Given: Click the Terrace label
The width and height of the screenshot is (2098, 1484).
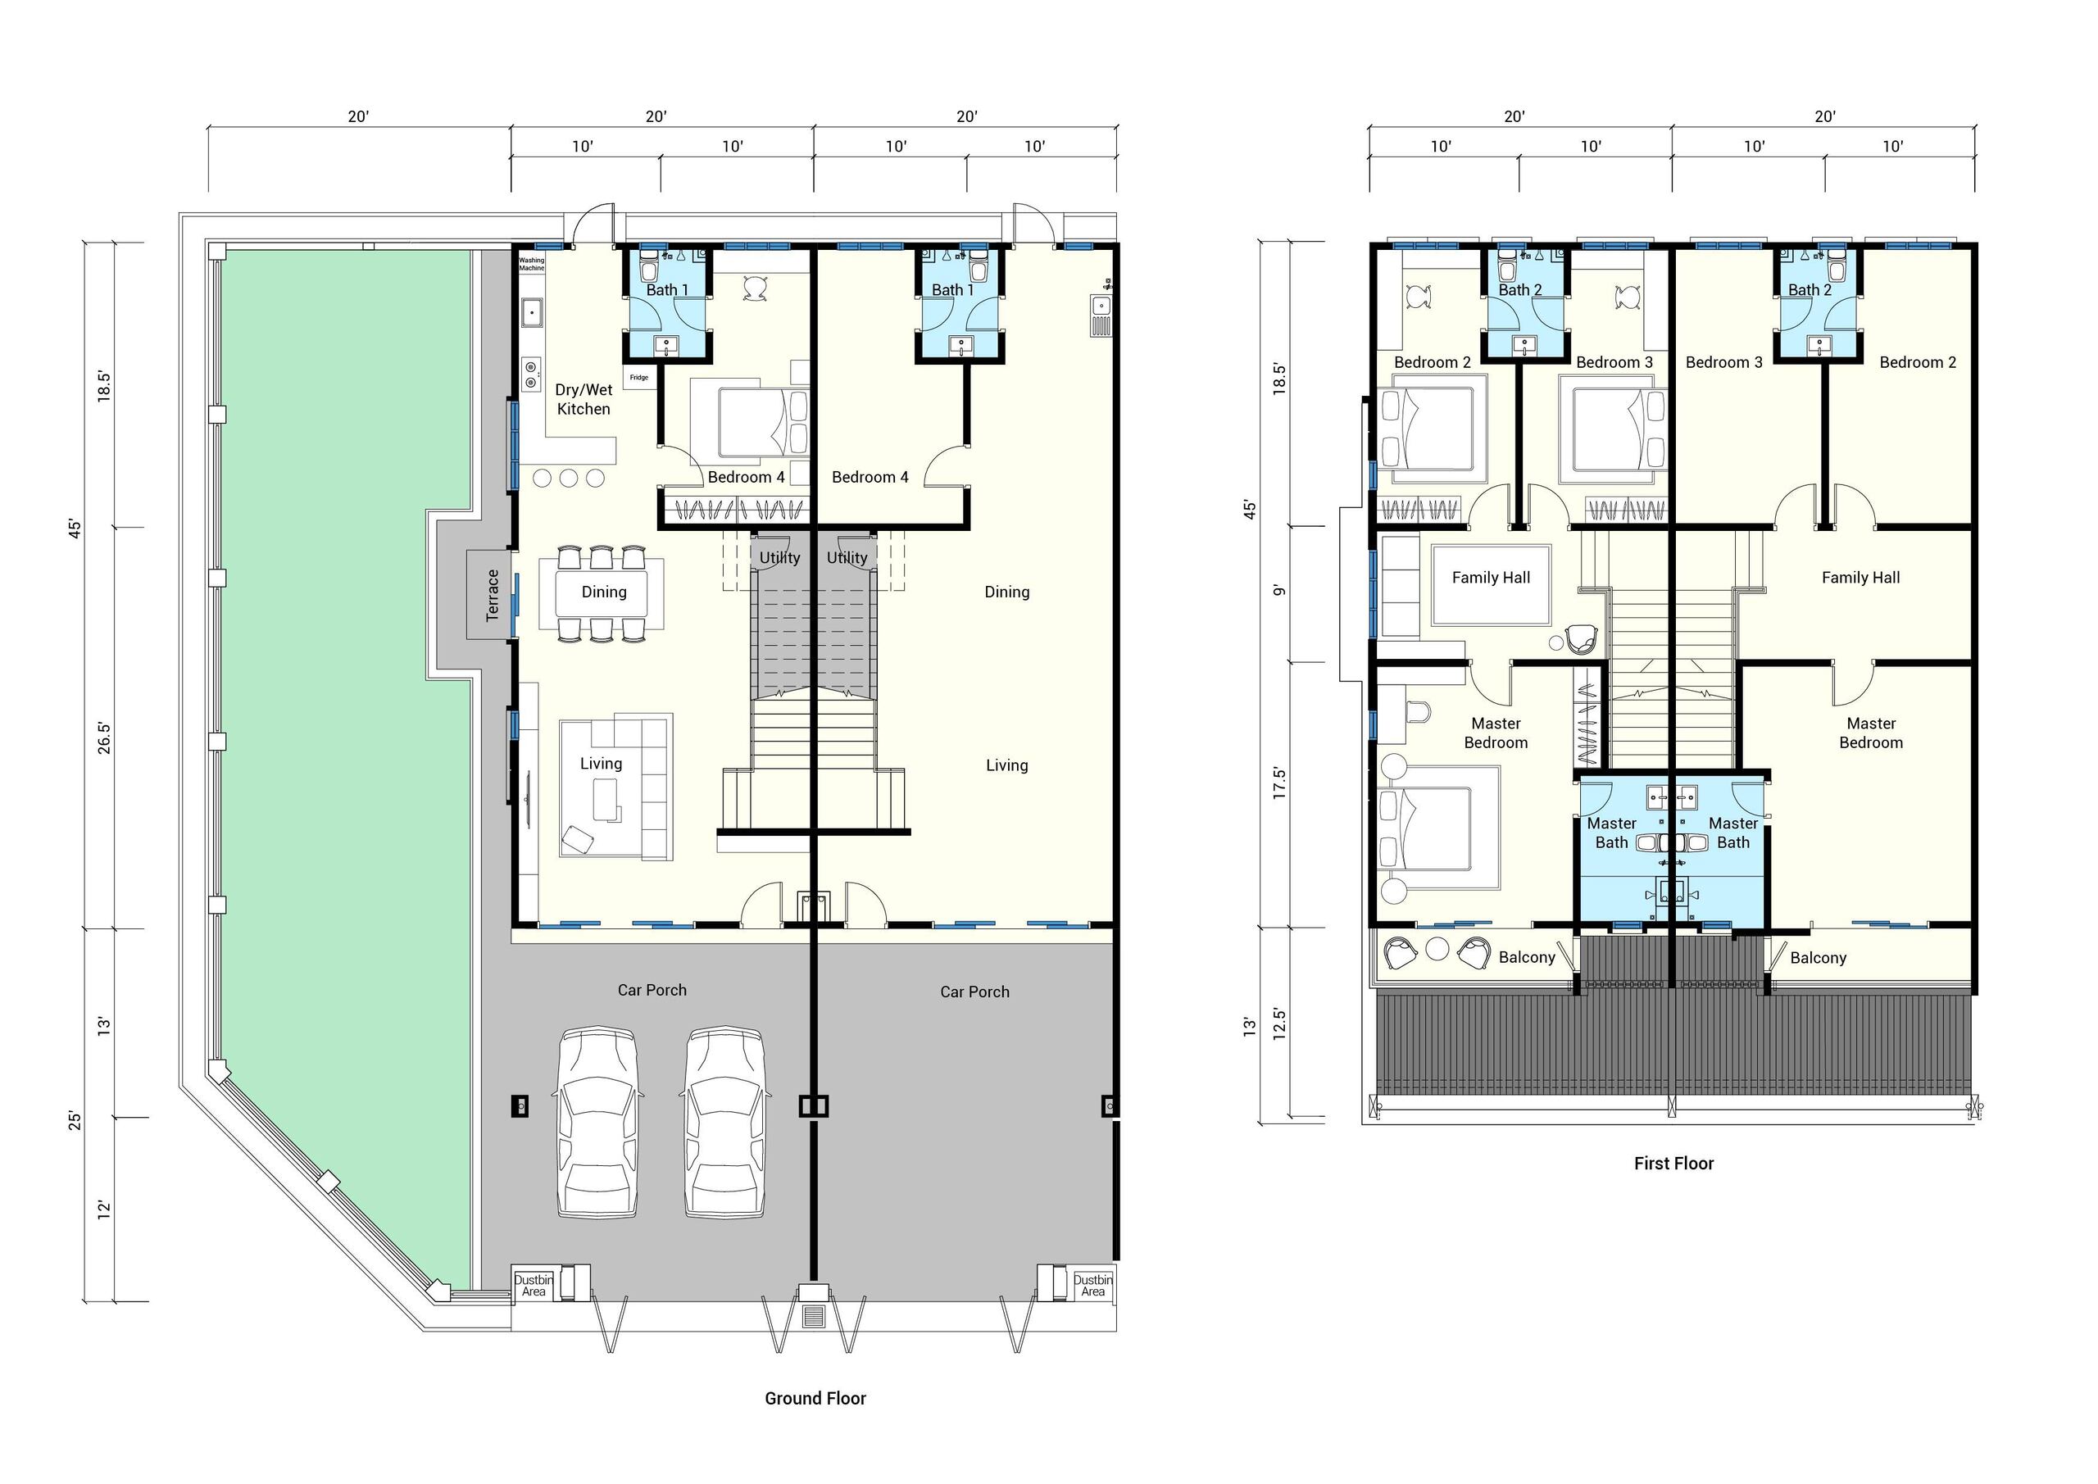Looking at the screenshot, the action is coord(493,595).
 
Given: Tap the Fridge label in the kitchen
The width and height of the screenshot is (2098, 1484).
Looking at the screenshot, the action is coord(638,378).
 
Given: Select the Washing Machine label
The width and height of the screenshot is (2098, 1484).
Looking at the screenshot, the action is coord(532,264).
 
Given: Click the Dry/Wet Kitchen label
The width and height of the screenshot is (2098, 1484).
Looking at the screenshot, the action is coord(584,399).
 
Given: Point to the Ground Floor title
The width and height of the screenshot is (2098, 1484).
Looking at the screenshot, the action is coord(815,1398).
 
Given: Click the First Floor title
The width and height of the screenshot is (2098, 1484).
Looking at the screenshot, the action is coord(1674,1164).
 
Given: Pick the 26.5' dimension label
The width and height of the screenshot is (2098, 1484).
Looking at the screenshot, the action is coord(104,738).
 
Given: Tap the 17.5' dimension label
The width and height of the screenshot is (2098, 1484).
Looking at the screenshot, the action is coord(1279,784).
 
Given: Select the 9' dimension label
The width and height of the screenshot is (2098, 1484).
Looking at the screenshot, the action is coord(1279,590).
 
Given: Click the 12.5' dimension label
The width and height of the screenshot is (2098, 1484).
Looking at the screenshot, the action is coord(1279,1024).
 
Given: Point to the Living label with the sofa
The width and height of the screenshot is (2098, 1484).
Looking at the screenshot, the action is coord(602,764).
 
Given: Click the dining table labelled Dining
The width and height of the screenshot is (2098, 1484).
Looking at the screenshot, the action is coord(604,592).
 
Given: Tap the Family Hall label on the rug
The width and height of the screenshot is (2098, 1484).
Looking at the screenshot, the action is coord(1492,578).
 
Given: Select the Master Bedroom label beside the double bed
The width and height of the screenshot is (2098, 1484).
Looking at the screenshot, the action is coord(1496,733).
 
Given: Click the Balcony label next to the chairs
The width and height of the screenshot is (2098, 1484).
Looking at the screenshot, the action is coord(1527,957).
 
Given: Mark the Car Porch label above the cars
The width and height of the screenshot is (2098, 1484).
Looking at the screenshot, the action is coord(652,990).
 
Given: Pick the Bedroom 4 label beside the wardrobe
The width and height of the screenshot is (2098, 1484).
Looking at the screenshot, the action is coord(747,477).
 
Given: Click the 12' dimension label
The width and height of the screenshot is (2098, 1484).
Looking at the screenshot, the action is coord(104,1209).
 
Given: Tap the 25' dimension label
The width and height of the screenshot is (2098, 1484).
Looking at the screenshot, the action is coord(74,1120).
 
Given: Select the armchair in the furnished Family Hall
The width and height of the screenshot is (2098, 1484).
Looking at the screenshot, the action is coord(1581,638).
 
